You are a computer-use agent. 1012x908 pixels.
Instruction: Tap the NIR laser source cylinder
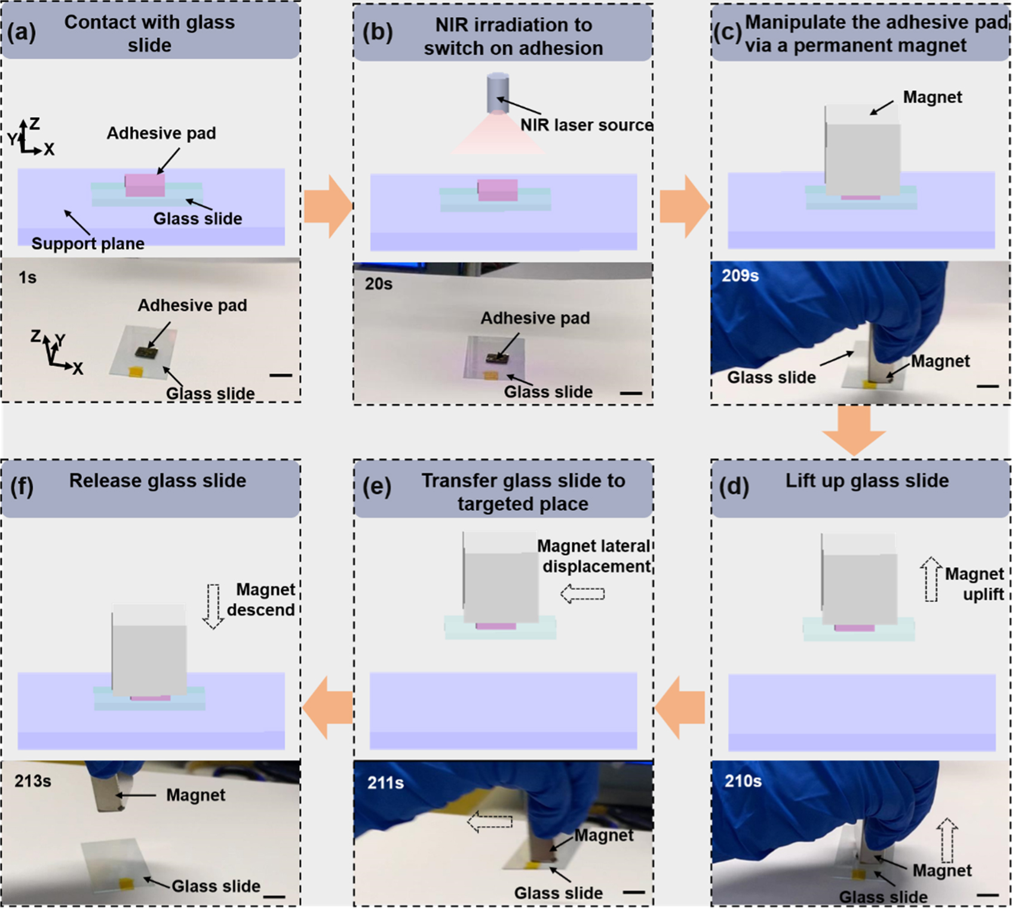(x=498, y=93)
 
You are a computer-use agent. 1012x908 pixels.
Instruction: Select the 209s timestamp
(x=740, y=276)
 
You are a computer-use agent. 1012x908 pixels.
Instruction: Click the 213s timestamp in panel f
(x=33, y=781)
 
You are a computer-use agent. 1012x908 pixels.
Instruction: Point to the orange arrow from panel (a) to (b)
(x=327, y=207)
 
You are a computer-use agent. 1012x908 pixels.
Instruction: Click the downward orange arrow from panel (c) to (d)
(x=854, y=430)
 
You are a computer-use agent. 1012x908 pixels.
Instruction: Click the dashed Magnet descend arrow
(x=213, y=606)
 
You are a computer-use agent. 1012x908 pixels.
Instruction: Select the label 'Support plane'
(x=88, y=243)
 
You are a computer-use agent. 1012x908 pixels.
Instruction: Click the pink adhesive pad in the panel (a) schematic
(x=145, y=185)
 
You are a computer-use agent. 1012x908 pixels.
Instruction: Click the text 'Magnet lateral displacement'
(x=594, y=556)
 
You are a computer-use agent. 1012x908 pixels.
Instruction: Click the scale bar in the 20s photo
(x=631, y=393)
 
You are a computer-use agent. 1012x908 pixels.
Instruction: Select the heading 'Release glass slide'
(x=157, y=481)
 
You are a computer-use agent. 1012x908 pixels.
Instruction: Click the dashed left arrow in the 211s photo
(x=489, y=822)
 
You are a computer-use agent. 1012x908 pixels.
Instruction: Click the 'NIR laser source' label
(x=586, y=125)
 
